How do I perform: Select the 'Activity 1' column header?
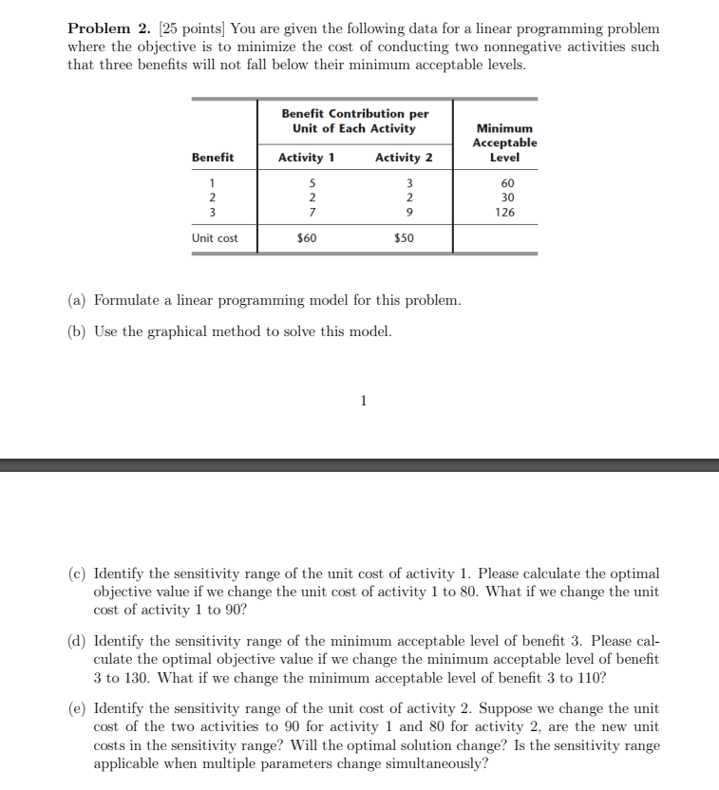pyautogui.click(x=306, y=158)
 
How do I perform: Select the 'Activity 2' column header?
pyautogui.click(x=404, y=158)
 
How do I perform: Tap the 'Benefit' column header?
pyautogui.click(x=213, y=158)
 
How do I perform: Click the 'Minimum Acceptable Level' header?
pyautogui.click(x=504, y=142)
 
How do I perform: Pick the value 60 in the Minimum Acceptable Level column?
pyautogui.click(x=507, y=183)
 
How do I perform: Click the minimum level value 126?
pyautogui.click(x=505, y=212)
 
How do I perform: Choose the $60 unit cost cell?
pyautogui.click(x=307, y=238)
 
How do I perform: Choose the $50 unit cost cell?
pyautogui.click(x=404, y=238)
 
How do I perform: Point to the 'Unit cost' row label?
pyautogui.click(x=215, y=238)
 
